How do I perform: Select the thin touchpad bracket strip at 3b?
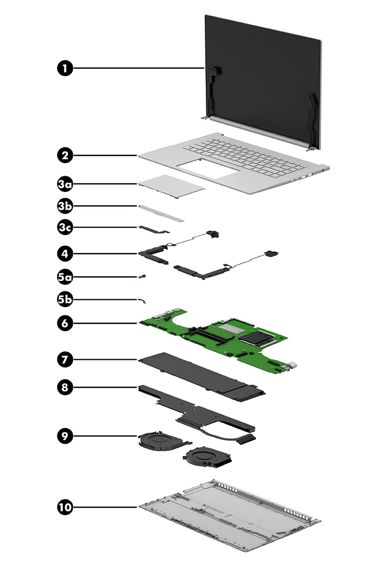pos(162,212)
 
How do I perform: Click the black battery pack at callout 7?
pos(200,377)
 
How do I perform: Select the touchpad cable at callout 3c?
pos(154,229)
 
